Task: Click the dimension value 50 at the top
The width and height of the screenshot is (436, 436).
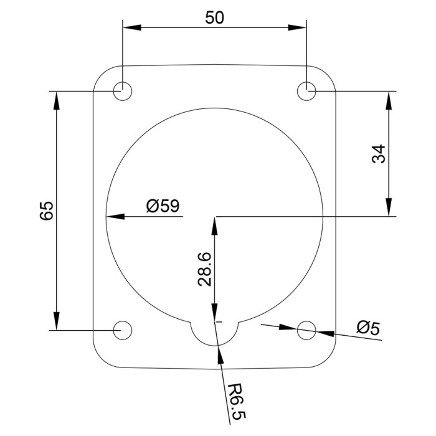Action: (214, 17)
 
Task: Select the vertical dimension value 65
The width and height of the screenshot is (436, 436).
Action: (47, 211)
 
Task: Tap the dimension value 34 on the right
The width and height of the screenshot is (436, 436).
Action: (379, 154)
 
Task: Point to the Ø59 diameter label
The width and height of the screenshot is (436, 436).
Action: (163, 206)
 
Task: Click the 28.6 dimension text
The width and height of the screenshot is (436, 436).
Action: (205, 269)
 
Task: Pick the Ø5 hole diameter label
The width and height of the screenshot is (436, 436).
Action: (368, 328)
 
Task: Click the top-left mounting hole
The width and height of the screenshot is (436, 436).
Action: (122, 91)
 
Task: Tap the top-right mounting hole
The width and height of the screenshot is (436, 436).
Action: (306, 91)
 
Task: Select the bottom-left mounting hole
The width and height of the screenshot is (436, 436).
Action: (122, 330)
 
